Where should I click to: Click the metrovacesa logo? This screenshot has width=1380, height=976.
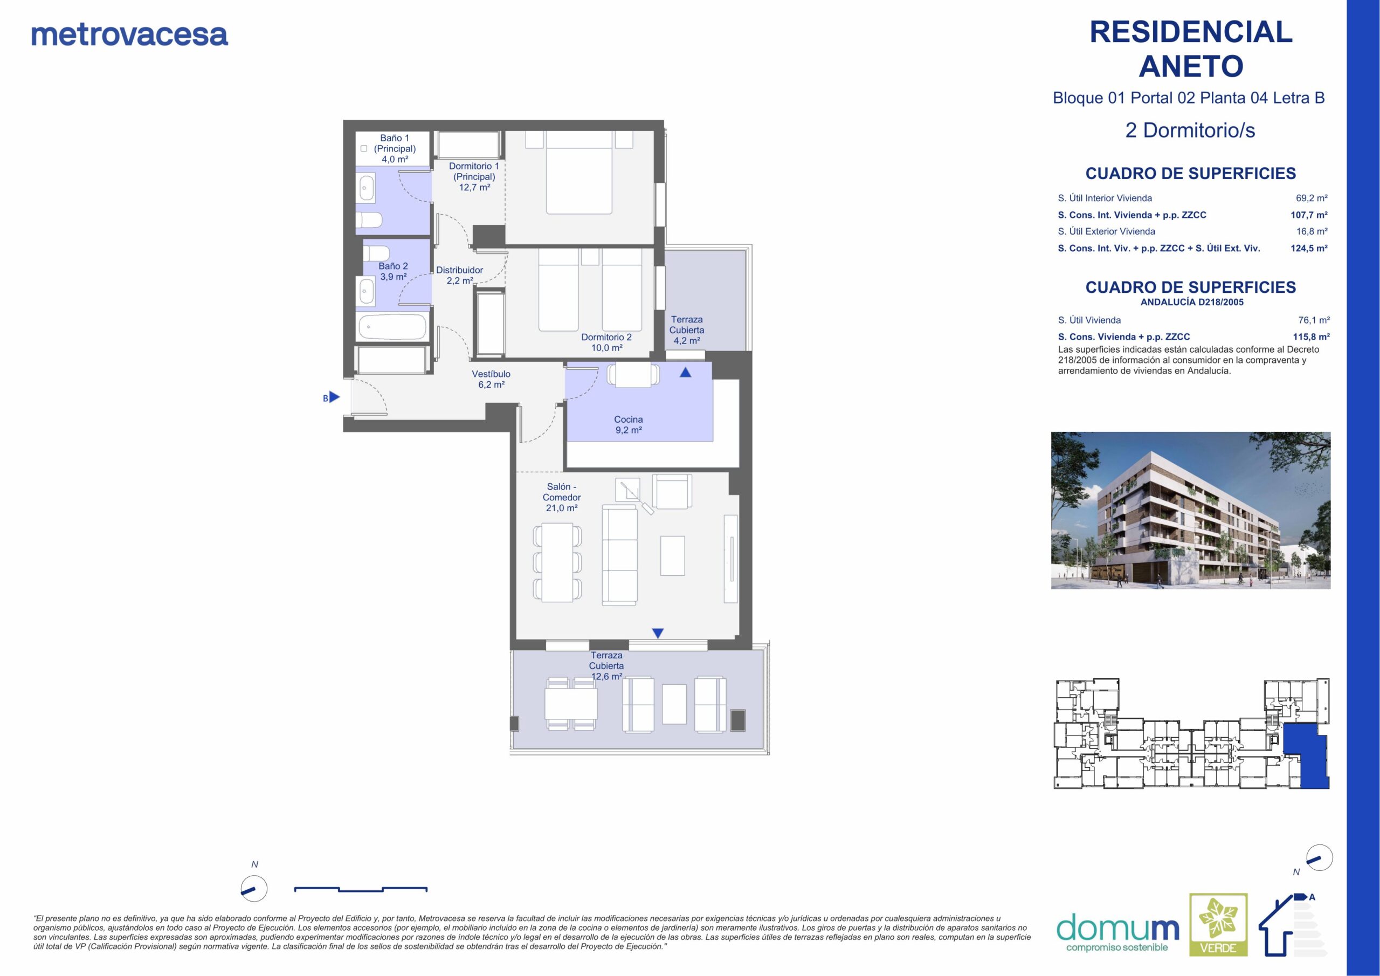[129, 35]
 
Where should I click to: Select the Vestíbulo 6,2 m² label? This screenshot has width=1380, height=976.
[491, 379]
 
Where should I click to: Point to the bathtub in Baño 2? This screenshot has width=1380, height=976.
[392, 328]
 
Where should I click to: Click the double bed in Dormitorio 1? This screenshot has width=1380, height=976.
[579, 173]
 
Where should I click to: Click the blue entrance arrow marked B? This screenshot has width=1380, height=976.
[334, 397]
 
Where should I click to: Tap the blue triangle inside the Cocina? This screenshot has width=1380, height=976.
[685, 372]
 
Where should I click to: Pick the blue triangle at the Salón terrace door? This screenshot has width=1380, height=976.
[658, 633]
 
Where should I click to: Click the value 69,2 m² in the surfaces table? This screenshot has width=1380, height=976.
[1312, 198]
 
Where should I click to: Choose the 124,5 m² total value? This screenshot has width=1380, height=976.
[1309, 248]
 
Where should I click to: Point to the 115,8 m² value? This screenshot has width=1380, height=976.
[1312, 337]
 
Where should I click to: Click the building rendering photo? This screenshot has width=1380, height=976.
[1191, 510]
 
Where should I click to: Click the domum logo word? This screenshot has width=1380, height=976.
[1117, 929]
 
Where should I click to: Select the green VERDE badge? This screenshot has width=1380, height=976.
[1218, 924]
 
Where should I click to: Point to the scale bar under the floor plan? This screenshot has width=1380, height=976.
[361, 889]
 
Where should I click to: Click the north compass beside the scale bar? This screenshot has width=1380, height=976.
[254, 888]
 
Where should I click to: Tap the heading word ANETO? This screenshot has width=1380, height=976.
[1191, 66]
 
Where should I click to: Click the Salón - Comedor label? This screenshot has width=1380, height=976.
[561, 497]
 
